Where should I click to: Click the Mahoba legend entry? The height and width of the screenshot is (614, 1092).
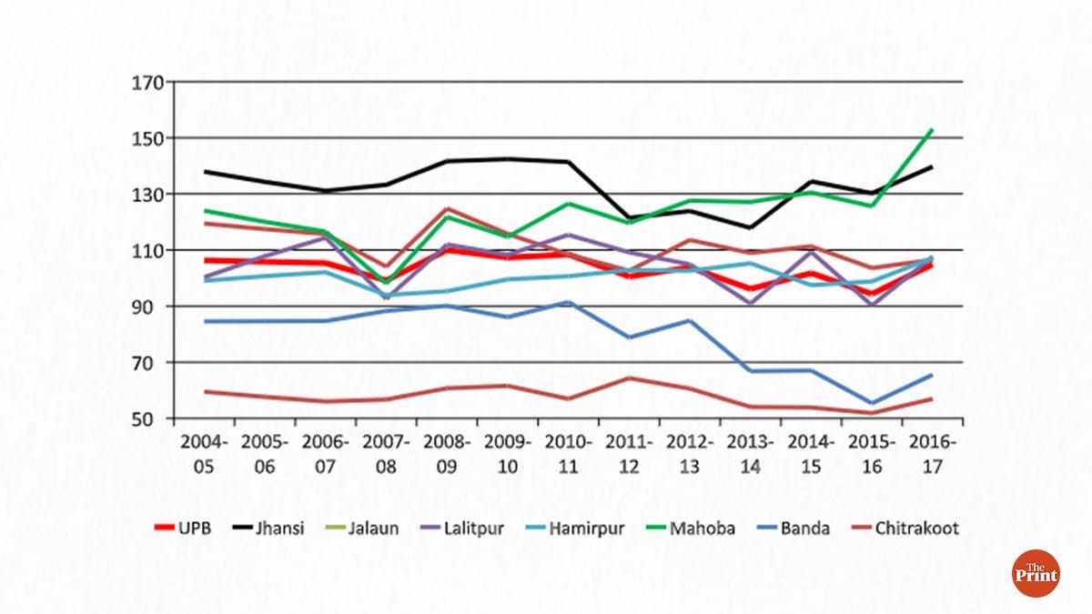coord(695,528)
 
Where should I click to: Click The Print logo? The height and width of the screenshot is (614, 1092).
coord(1036,573)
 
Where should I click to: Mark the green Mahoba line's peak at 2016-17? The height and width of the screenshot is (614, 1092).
coord(932,129)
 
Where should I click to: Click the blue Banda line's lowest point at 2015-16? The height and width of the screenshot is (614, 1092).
coord(872,403)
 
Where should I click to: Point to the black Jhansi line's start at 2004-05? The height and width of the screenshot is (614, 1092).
coord(204,171)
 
